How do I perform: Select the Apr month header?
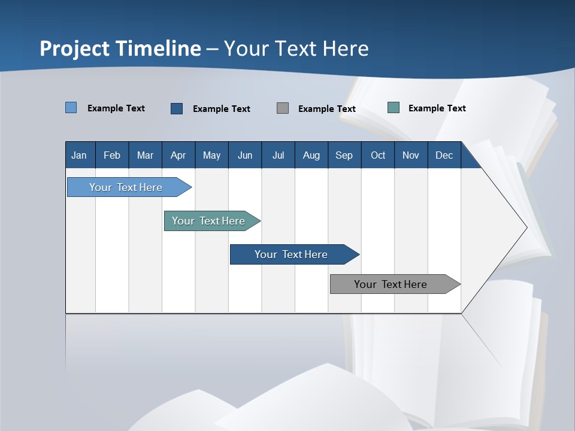[x=178, y=155]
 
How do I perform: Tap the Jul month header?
[x=279, y=155]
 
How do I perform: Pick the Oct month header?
[x=378, y=155]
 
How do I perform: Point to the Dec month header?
[x=444, y=155]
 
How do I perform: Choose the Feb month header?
[x=112, y=155]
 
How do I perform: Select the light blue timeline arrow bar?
[x=129, y=187]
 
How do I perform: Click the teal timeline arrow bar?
[x=212, y=221]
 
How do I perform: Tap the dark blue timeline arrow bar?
[x=295, y=254]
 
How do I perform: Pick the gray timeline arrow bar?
[x=395, y=284]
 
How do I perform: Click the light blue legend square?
[x=71, y=107]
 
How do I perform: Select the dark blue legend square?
[x=177, y=108]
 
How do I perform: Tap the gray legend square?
[x=283, y=108]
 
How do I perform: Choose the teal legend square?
[x=394, y=107]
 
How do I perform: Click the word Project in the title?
[x=74, y=48]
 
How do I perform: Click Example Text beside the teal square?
[x=437, y=108]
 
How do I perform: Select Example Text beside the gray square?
[x=327, y=109]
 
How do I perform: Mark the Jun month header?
[x=245, y=155]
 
